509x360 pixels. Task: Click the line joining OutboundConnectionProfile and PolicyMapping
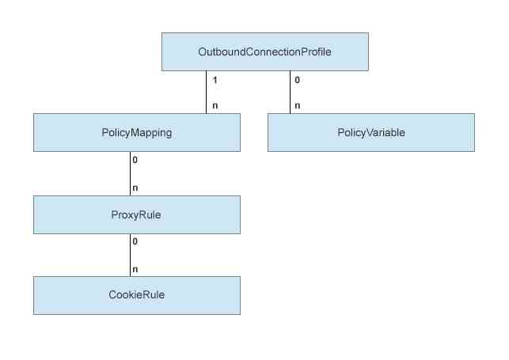coord(207,92)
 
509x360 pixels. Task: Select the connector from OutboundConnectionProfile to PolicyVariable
coord(290,92)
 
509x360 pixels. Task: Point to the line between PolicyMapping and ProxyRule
coord(130,173)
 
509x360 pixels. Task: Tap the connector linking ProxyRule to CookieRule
coord(130,255)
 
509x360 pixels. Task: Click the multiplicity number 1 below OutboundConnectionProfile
coord(215,81)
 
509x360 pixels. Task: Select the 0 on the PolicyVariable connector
coord(297,81)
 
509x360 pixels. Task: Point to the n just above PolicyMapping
coord(215,105)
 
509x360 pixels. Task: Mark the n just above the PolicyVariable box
coord(297,105)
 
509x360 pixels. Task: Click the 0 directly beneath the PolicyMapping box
coord(135,161)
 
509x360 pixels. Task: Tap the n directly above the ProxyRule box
coord(135,188)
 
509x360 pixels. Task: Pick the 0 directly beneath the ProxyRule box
coord(135,241)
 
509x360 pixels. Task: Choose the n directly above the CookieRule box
coord(135,269)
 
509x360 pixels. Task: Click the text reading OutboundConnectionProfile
coord(264,51)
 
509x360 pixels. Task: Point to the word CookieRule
coord(136,295)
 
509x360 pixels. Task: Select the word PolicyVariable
coord(370,132)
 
